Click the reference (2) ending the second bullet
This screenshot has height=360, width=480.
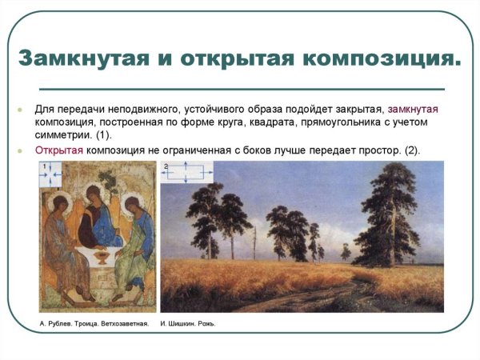click(x=409, y=150)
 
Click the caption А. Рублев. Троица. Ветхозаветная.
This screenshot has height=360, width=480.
click(x=94, y=324)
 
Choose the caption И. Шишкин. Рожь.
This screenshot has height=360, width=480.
click(x=188, y=324)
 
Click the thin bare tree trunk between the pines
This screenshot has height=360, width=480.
click(x=254, y=240)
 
